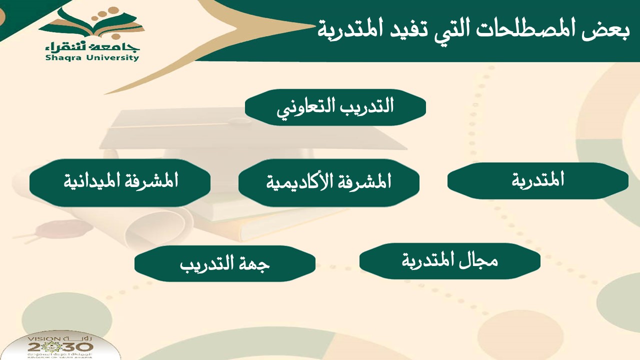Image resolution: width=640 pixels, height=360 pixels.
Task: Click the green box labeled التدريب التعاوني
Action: (x=335, y=107)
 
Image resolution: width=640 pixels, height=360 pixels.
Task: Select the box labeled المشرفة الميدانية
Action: (x=120, y=183)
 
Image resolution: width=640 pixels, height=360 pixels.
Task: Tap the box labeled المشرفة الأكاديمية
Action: (x=329, y=183)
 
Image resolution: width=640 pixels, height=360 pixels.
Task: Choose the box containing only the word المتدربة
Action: (x=538, y=181)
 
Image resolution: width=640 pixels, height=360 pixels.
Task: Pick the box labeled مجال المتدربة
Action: (x=450, y=261)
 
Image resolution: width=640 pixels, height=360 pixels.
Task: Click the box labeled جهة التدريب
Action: (x=225, y=263)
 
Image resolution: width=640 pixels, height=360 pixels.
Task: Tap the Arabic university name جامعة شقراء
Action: (x=92, y=47)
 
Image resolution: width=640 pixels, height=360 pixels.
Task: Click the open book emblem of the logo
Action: (x=91, y=23)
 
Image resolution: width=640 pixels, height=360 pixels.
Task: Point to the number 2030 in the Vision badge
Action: (x=60, y=347)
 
